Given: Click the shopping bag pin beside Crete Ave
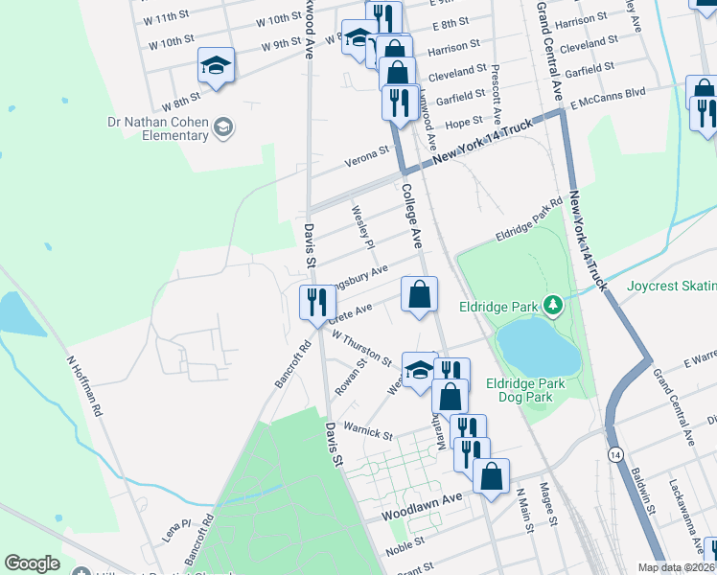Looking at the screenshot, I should (x=419, y=294).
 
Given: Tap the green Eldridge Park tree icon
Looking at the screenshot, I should (x=551, y=306).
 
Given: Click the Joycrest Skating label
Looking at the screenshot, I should (x=672, y=286).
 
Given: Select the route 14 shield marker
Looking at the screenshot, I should (x=614, y=452).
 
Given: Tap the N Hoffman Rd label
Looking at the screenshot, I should (x=83, y=386).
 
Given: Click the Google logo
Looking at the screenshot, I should (x=32, y=563).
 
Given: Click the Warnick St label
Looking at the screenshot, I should (x=368, y=430).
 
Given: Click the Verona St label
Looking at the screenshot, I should (x=368, y=149).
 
